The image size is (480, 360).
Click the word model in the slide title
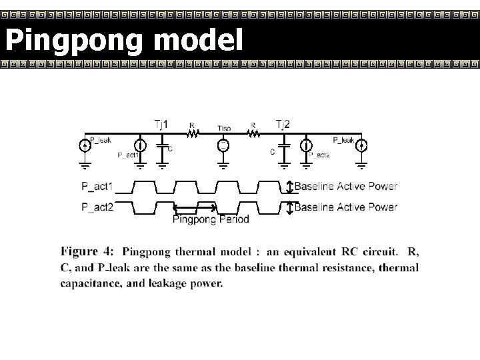pos(197,41)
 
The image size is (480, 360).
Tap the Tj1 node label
pos(161,124)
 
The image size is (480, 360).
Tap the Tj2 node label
pos(283,124)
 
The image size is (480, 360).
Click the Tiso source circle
pos(223,145)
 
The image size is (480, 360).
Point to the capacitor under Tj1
pos(162,145)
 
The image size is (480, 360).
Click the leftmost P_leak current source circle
pos(85,145)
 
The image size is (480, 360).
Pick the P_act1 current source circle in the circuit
pos(141,145)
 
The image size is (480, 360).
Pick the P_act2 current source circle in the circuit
pos(306,145)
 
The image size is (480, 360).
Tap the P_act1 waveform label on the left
pos(97,187)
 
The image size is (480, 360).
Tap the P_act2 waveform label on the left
pos(97,207)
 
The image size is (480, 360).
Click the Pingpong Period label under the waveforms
pos(210,219)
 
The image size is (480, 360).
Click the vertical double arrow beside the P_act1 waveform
pos(289,187)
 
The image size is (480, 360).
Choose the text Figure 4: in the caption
pos(87,252)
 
